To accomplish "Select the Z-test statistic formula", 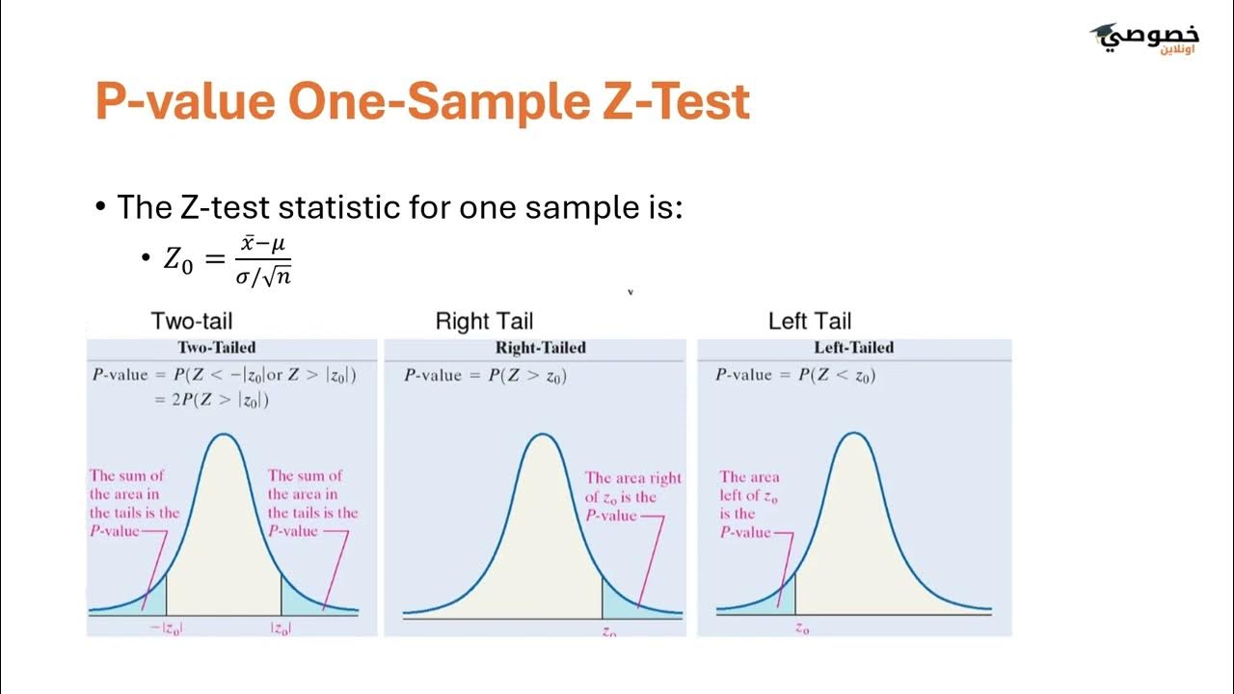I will point(228,260).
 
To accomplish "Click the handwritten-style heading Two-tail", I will point(192,322).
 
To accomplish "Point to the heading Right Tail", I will point(484,322).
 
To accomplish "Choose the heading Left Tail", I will point(810,322).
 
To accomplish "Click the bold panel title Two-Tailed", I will point(217,348).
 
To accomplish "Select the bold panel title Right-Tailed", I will point(541,348).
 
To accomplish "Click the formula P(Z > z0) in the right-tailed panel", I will point(526,376).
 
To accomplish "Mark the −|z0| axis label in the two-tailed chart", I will point(167,629).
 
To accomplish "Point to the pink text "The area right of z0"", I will point(632,487).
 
